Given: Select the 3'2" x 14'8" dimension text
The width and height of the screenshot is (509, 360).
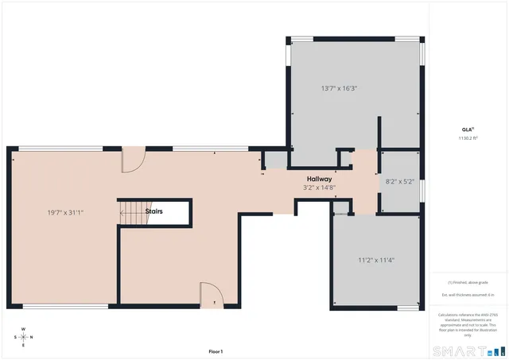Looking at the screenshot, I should pyautogui.click(x=320, y=188).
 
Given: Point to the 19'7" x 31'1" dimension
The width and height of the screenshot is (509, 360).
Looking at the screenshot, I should pyautogui.click(x=65, y=212).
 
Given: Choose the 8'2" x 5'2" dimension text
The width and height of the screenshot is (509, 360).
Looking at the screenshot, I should pyautogui.click(x=399, y=182).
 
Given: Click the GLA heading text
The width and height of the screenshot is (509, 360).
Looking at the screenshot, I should pyautogui.click(x=467, y=130).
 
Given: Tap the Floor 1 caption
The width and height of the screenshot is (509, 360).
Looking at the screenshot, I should pyautogui.click(x=216, y=351).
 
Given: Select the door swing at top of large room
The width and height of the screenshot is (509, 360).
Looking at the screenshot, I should pyautogui.click(x=131, y=161).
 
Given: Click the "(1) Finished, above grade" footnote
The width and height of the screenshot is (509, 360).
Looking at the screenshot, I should pyautogui.click(x=467, y=283).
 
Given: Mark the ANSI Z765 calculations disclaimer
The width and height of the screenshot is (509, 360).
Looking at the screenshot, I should pyautogui.click(x=467, y=323).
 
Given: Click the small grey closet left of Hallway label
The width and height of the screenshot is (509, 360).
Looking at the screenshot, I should pyautogui.click(x=275, y=161).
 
